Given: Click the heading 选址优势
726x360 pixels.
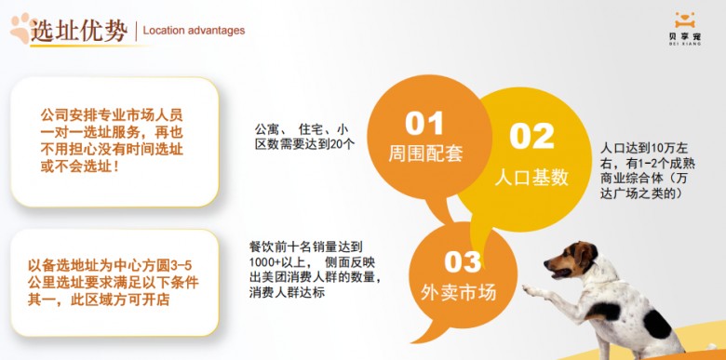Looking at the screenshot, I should coord(79,31).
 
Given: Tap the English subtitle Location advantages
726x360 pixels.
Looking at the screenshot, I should coord(194,31).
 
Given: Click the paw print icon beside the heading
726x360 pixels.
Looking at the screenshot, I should coord(20,28).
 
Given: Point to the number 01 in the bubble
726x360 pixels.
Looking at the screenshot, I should coord(423,124).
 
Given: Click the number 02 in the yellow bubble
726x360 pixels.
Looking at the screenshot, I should coord(531,136).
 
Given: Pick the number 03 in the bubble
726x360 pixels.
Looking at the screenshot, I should coord(453,260).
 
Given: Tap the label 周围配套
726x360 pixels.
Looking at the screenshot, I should coord(424,153).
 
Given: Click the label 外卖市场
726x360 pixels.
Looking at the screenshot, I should coord(454,292).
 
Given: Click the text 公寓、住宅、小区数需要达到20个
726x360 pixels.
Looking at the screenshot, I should coord(303,136).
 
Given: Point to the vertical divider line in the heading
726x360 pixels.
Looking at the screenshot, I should coord(136,31).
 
